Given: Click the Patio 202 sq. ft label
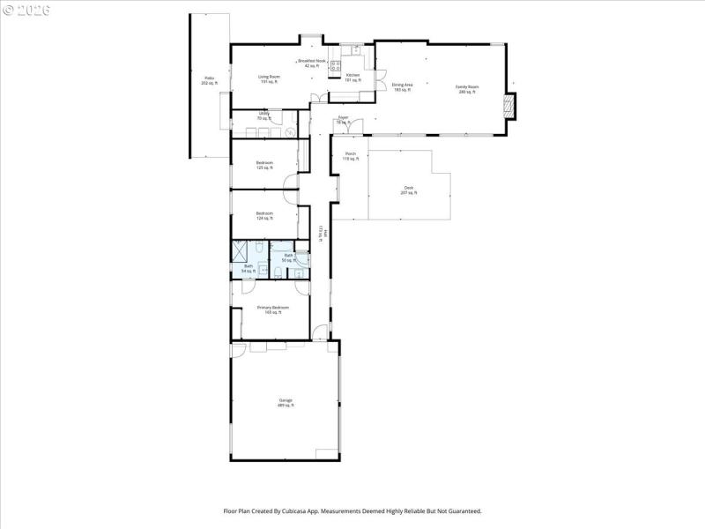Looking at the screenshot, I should [x=210, y=80].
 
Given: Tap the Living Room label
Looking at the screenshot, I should [x=270, y=78].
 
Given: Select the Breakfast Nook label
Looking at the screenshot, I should [x=312, y=63].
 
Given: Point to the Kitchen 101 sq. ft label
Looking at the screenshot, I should [x=352, y=78].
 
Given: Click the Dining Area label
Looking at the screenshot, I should [x=403, y=87].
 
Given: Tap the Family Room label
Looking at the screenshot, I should [x=467, y=89].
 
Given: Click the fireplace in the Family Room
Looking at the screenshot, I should [x=508, y=106].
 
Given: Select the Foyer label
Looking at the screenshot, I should [x=344, y=120].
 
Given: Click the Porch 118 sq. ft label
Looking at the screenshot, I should [x=351, y=156].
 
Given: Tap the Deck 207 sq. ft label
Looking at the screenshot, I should [x=408, y=190].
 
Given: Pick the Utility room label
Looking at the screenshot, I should [x=263, y=115].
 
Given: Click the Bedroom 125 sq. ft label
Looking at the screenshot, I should [x=264, y=165].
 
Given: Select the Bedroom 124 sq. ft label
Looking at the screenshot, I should [x=264, y=215].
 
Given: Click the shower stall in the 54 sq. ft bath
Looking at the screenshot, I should [x=239, y=251].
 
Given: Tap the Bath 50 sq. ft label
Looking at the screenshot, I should [x=288, y=257].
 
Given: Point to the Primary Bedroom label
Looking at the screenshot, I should [x=273, y=309].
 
